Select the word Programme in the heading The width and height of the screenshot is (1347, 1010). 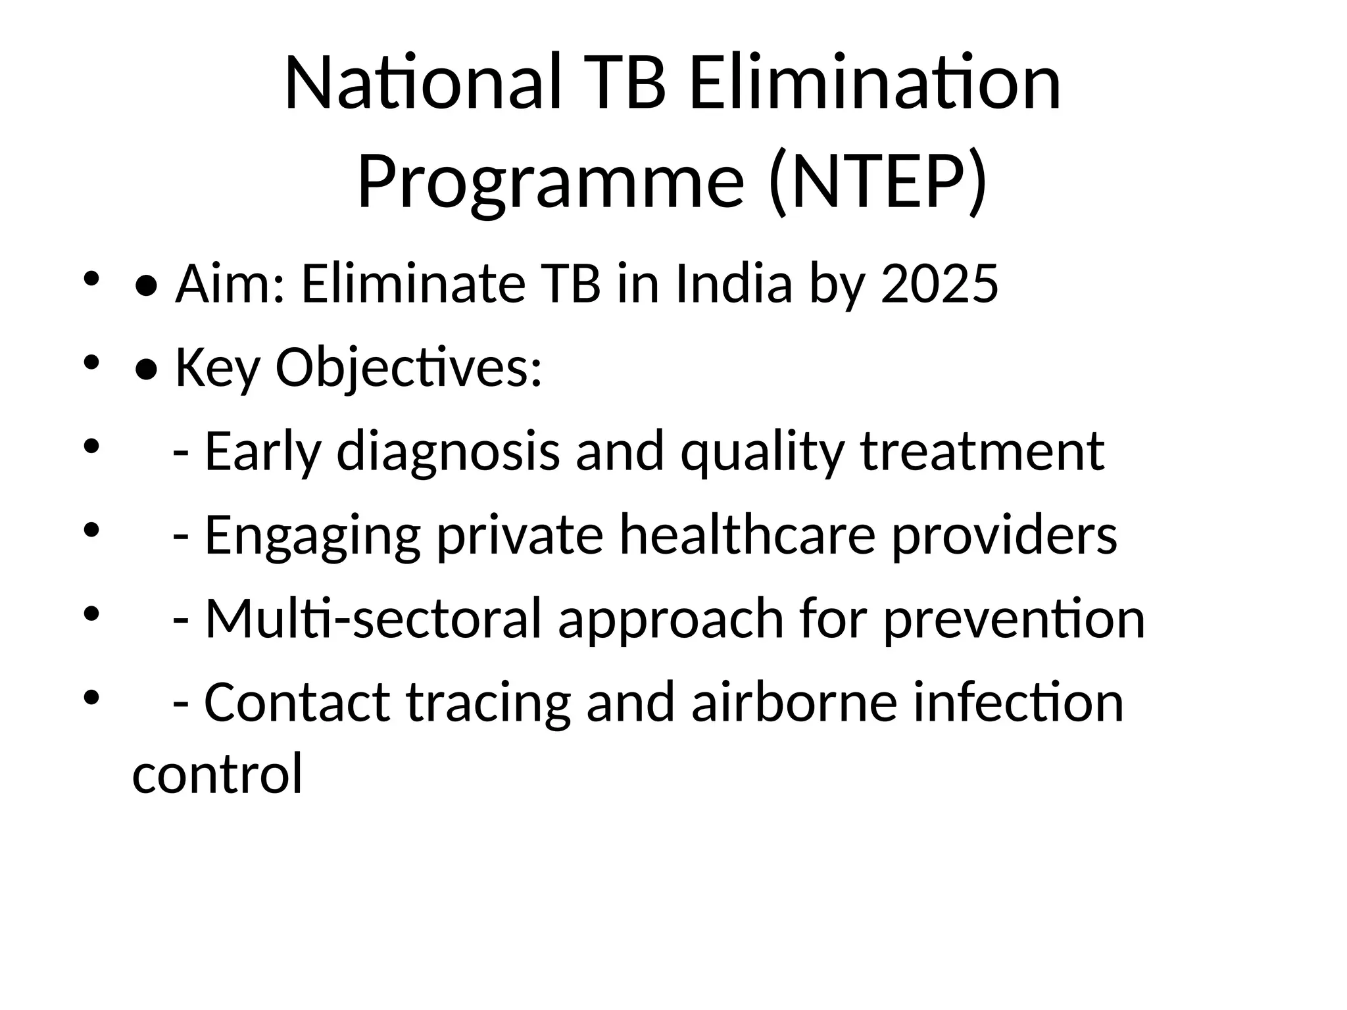point(551,181)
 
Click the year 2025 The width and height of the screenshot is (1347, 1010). point(939,283)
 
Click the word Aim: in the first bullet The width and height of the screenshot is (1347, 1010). point(230,283)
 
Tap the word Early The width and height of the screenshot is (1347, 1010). point(262,451)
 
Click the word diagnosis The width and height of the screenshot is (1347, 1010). point(448,451)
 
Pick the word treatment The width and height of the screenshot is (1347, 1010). point(983,451)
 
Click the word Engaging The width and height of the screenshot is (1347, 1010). point(312,535)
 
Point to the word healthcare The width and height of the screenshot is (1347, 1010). point(748,535)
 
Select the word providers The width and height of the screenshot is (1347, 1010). point(1004,535)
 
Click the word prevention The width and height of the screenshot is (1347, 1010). point(1014,619)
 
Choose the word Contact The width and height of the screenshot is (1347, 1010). point(297,702)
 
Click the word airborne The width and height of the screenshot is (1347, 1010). point(795,702)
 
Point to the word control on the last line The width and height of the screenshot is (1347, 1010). point(217,773)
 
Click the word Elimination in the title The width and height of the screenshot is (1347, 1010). point(875,84)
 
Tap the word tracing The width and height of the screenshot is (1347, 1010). point(488,702)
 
